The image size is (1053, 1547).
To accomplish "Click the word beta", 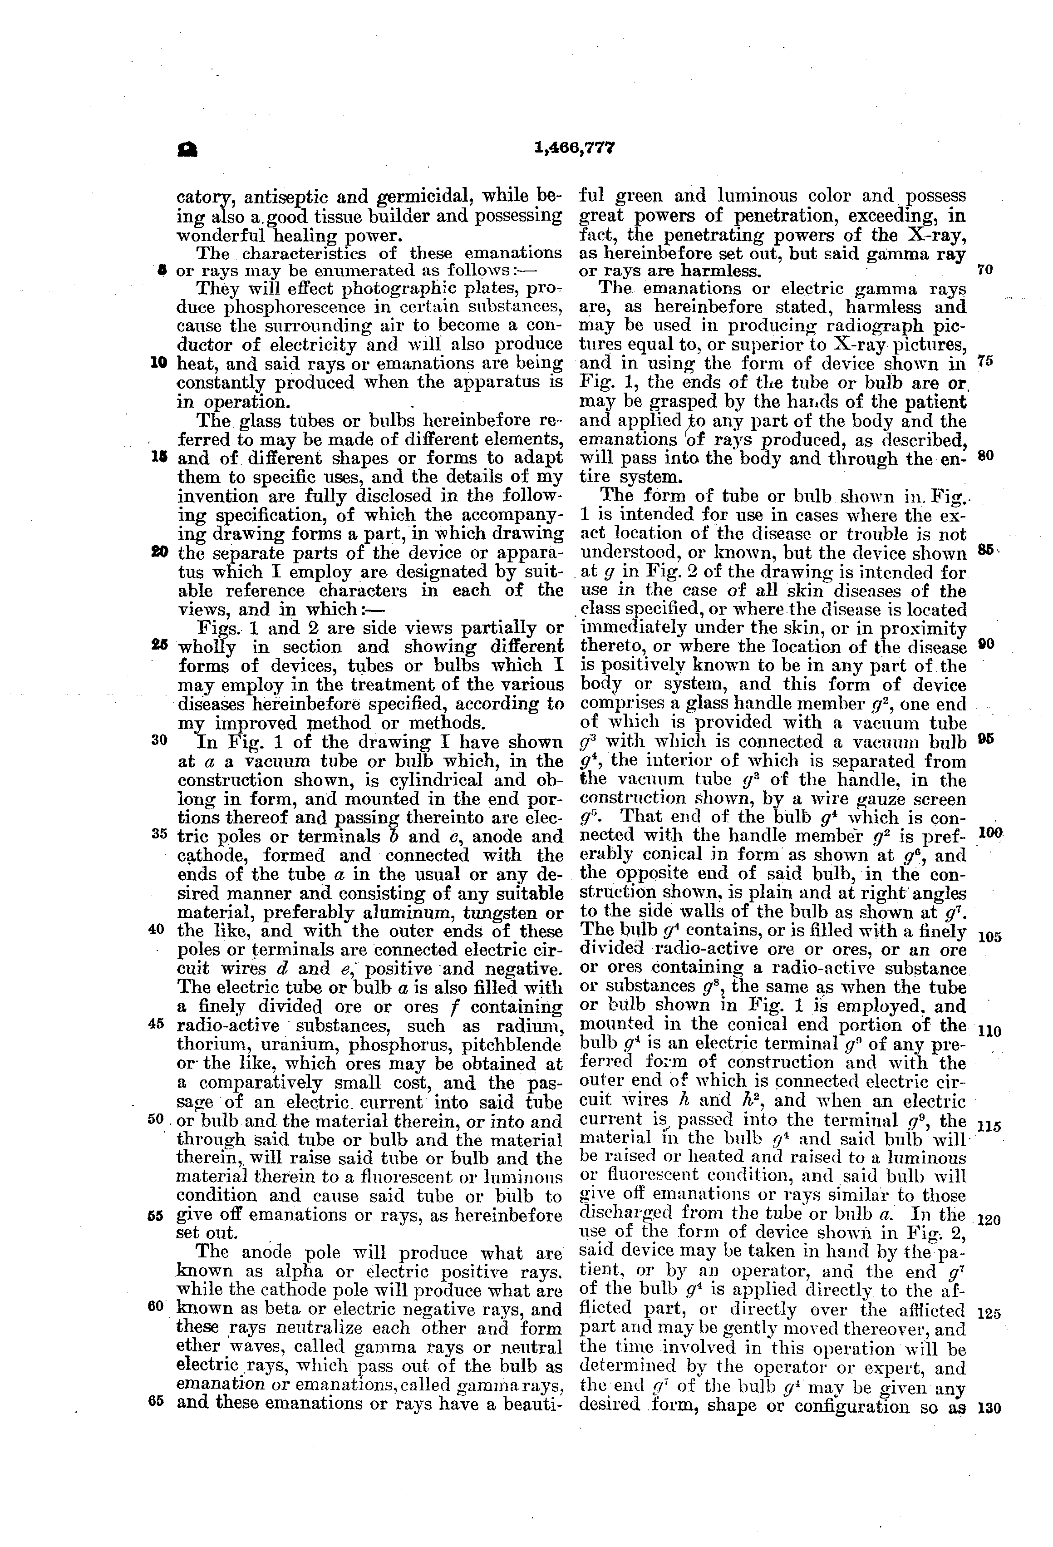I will (x=281, y=1309).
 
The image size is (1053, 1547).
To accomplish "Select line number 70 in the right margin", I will (x=984, y=270).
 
